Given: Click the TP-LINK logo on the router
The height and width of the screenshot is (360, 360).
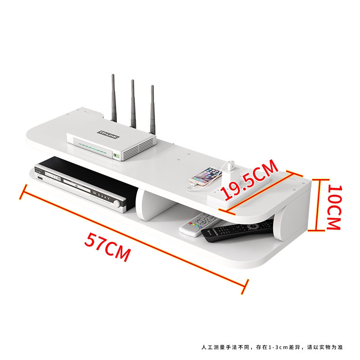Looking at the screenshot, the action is click(x=108, y=134).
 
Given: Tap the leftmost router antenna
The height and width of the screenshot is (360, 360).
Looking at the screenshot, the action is click(x=114, y=98).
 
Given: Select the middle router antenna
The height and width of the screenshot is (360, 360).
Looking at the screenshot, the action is click(x=133, y=104).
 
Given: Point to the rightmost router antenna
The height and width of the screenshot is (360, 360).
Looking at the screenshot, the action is click(x=152, y=110).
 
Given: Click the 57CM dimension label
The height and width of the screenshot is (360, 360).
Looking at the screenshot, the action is click(x=107, y=247).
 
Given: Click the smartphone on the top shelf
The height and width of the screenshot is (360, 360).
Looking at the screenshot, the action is click(x=206, y=176).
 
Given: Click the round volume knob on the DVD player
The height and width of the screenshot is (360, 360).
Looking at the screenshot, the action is click(x=117, y=204).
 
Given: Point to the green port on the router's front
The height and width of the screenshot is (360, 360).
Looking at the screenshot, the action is click(x=116, y=156).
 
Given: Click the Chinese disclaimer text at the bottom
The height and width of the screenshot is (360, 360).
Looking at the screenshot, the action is click(x=272, y=347).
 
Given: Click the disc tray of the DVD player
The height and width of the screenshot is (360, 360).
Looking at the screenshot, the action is click(x=77, y=185).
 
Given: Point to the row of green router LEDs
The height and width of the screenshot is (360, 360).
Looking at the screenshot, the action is click(x=92, y=148).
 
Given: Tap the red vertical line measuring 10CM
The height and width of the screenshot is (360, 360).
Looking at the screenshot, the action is click(x=318, y=205).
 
